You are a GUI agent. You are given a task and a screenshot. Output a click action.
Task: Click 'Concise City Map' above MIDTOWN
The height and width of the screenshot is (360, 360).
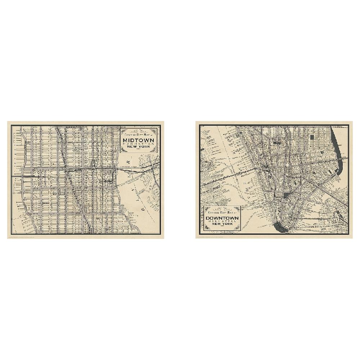point(138,135)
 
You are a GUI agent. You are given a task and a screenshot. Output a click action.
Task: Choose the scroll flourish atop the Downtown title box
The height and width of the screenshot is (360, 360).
point(222,208)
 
